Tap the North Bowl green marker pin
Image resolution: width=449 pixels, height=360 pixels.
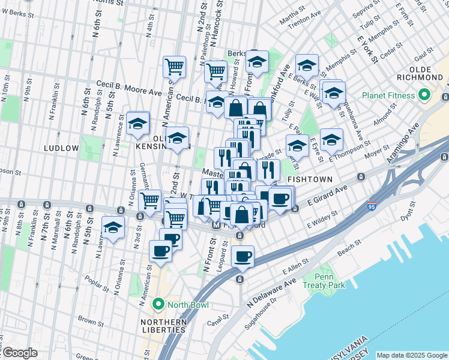coord(158,304)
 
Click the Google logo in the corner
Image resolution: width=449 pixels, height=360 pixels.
coord(20,352)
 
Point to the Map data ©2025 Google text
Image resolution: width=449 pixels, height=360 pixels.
coord(412,355)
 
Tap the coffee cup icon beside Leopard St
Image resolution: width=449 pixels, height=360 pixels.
coord(243,257)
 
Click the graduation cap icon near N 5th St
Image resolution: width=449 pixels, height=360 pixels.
coord(113,227)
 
